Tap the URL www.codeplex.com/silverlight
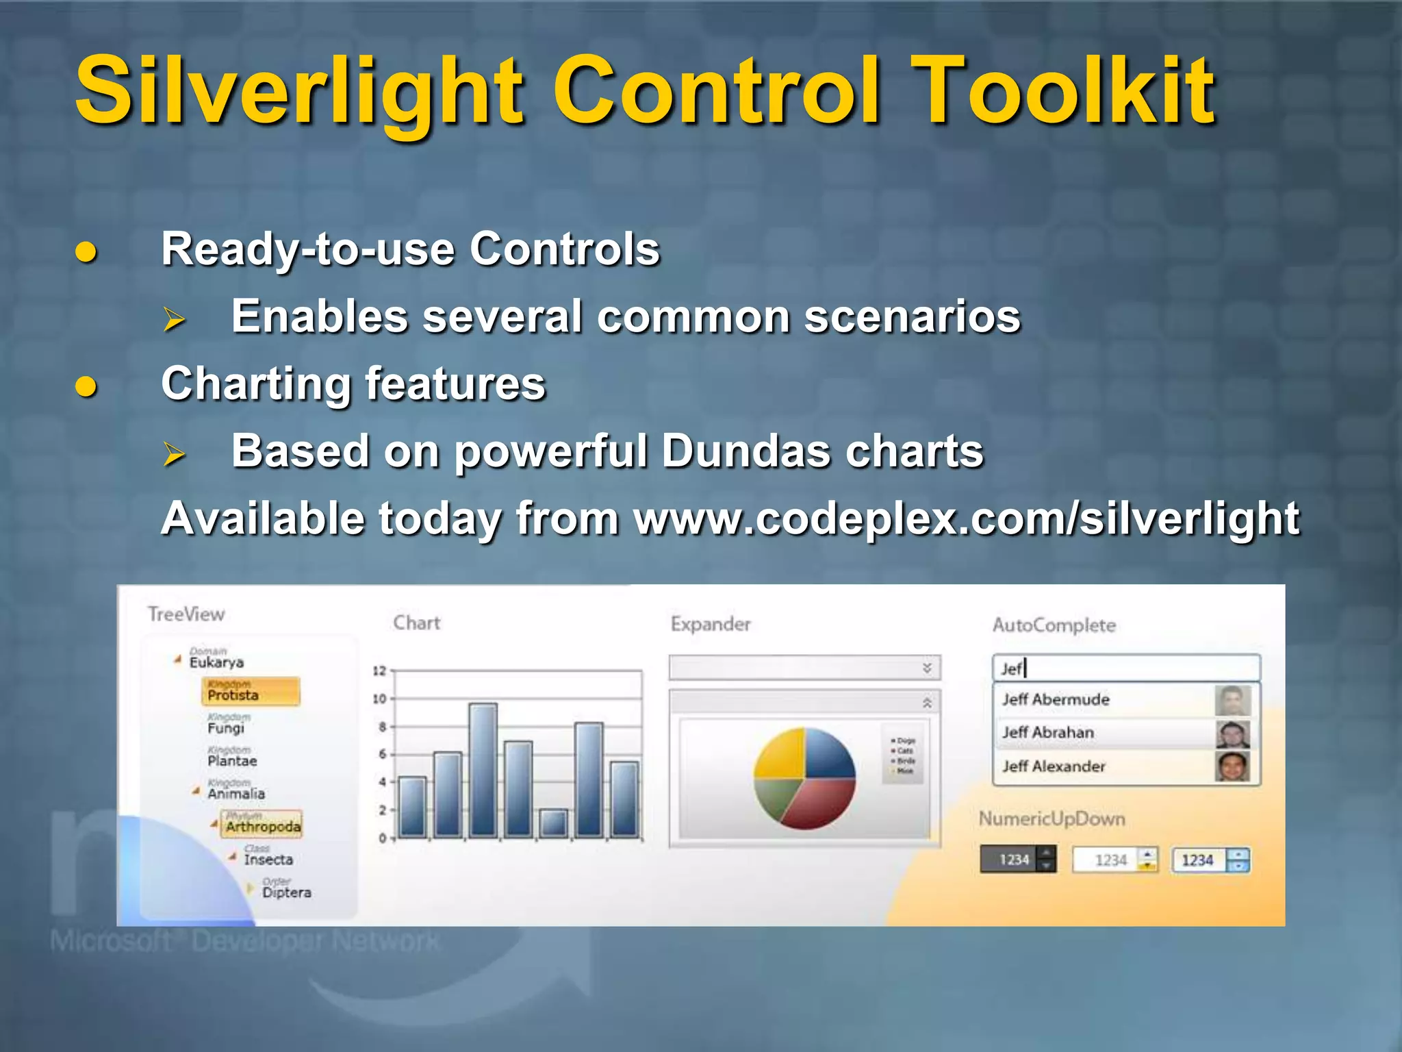tap(965, 518)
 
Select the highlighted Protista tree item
tap(250, 692)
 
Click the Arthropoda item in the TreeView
tap(262, 825)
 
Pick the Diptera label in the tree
tap(286, 892)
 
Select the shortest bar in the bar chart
tap(553, 823)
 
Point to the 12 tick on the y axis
tap(379, 671)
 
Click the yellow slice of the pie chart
tap(781, 754)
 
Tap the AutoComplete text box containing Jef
tap(1125, 668)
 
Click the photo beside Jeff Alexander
tap(1232, 766)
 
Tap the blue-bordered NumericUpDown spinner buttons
tap(1238, 860)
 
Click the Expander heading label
tap(711, 624)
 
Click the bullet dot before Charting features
tap(86, 387)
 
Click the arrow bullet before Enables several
tap(174, 319)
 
